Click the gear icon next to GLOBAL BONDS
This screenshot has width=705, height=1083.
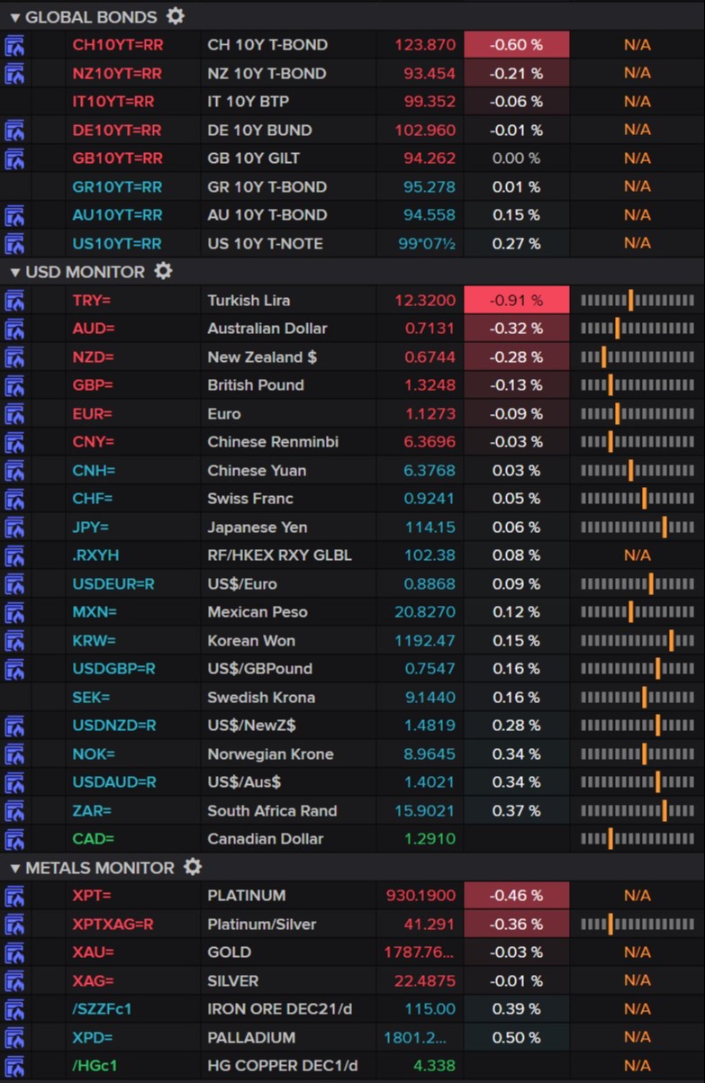176,16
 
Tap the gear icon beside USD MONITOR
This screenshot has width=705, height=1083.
163,271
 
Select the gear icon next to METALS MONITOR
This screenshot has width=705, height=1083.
193,867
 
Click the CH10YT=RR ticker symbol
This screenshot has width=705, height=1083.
117,45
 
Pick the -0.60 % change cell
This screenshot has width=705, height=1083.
516,45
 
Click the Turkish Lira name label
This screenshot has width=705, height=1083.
249,301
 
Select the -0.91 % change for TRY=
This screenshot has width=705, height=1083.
516,301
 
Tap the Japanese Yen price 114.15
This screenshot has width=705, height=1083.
430,528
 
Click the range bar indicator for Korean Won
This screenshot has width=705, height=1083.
637,641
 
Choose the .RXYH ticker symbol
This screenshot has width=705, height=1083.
95,555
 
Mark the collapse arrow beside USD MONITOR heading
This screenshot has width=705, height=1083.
15,272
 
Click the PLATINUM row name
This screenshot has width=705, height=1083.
246,896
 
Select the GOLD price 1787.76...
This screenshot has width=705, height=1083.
420,952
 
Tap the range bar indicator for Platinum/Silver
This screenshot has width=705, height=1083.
637,925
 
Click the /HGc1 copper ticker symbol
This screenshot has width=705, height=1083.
95,1066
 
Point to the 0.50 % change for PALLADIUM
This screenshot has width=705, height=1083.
516,1038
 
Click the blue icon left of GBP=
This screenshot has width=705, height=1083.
15,385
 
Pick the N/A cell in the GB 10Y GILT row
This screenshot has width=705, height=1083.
637,158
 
